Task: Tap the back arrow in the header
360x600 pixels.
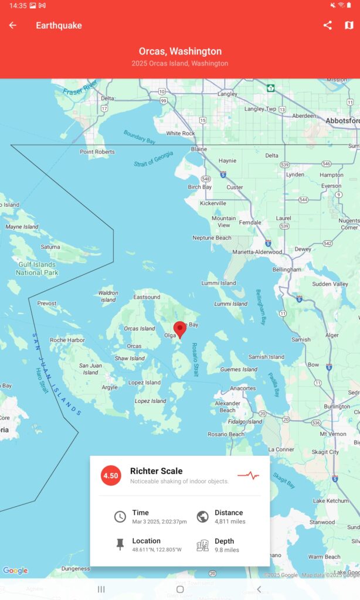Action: (x=12, y=25)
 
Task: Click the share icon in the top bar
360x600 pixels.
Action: (x=328, y=25)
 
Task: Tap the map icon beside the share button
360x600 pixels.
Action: (x=349, y=25)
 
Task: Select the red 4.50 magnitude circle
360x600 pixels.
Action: (x=111, y=475)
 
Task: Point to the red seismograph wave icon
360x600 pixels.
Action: (x=248, y=475)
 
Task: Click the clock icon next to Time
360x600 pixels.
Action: (x=120, y=516)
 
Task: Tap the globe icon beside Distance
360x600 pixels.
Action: (x=203, y=516)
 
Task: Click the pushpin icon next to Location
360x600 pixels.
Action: (x=120, y=545)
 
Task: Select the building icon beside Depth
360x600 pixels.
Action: (x=203, y=545)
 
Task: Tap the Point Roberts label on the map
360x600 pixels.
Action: (x=97, y=152)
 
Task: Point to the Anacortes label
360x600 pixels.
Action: (x=243, y=388)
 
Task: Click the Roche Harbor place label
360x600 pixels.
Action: (x=67, y=340)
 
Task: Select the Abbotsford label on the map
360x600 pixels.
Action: (x=343, y=120)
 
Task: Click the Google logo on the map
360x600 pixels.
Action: (x=15, y=570)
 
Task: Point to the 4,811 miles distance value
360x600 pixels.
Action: (x=230, y=521)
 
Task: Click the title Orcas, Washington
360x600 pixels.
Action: (x=180, y=52)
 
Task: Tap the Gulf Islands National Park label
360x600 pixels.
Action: (x=37, y=268)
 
